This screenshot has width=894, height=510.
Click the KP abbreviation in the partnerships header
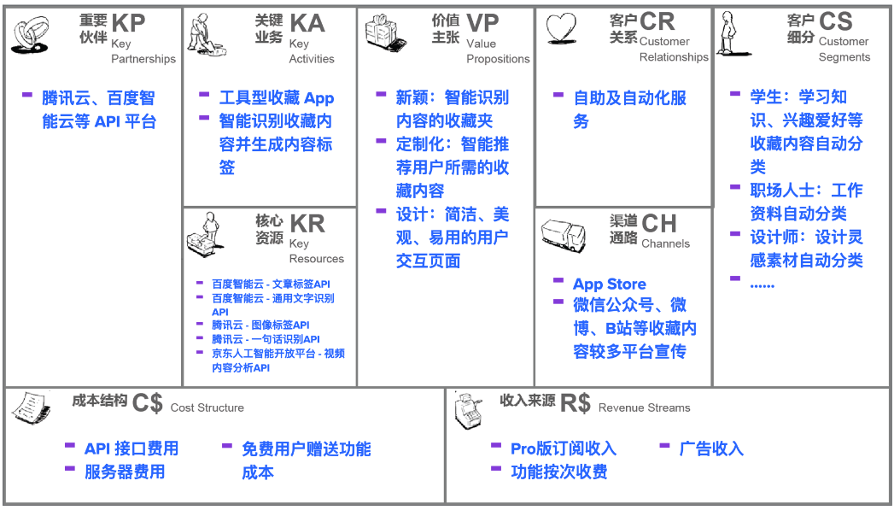[x=128, y=23]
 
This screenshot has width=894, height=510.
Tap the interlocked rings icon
[x=30, y=35]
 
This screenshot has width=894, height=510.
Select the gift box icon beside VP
[x=386, y=32]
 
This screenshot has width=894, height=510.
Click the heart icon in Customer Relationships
[x=561, y=28]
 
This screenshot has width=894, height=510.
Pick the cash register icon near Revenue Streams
[x=469, y=411]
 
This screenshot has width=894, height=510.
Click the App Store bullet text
[x=610, y=284]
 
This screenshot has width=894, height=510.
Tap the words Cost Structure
[x=207, y=407]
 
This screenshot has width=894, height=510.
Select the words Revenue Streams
[x=645, y=407]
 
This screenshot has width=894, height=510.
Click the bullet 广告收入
[x=711, y=449]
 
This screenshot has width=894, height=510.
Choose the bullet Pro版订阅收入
[x=564, y=449]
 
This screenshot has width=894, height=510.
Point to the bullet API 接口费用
[x=131, y=449]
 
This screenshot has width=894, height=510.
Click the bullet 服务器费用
[x=125, y=472]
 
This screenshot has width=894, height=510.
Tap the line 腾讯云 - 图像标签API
[x=260, y=325]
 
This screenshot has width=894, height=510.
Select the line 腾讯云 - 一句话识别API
[x=266, y=339]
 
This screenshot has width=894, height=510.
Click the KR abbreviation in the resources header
[x=307, y=224]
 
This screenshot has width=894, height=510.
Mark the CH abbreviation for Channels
[x=659, y=224]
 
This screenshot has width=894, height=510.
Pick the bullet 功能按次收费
[x=558, y=472]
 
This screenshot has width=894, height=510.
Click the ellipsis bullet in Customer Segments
[x=763, y=284]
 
